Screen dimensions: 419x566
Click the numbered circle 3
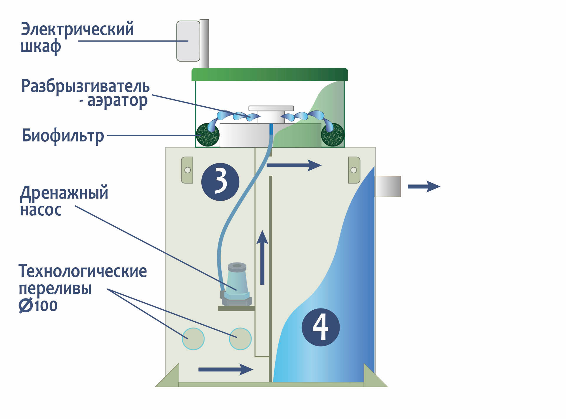(220, 182)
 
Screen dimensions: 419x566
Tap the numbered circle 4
(321, 327)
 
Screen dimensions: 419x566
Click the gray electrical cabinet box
(188, 41)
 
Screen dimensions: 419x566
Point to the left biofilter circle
(207, 135)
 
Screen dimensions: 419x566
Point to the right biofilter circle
(333, 135)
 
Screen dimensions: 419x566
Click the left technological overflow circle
(193, 339)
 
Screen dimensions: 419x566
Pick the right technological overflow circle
(240, 339)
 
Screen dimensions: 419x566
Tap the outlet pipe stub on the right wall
(388, 186)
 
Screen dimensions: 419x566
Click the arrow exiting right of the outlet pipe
(424, 187)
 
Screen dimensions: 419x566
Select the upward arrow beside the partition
(262, 258)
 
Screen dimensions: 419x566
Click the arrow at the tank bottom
(226, 369)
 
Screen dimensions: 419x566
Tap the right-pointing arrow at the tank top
(294, 165)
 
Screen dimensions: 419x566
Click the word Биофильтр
(63, 136)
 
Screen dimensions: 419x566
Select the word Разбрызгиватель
(85, 86)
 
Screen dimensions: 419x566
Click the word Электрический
(77, 29)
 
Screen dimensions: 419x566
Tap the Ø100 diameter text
(38, 306)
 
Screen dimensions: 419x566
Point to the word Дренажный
(64, 193)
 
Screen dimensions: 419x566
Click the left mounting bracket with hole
(187, 170)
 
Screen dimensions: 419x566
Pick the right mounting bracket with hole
(354, 170)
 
